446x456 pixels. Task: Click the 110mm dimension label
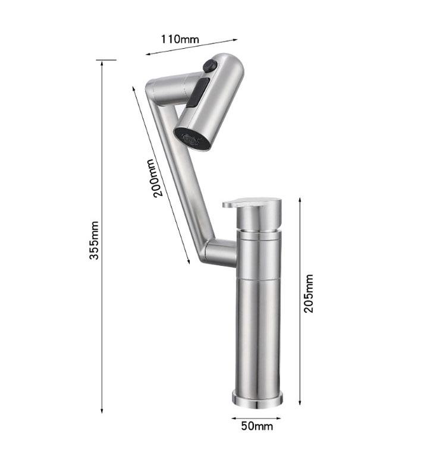pos(180,40)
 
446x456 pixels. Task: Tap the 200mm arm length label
pos(153,178)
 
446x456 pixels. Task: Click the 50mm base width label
pos(257,426)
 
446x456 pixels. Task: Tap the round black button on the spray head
pos(209,66)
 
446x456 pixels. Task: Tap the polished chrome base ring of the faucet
pos(257,398)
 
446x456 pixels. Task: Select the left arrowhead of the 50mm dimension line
pos(233,418)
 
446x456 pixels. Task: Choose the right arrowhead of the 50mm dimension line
pos(280,418)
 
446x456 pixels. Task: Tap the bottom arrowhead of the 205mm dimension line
pos(299,401)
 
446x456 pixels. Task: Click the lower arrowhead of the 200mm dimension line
pos(189,262)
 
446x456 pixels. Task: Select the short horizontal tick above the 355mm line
pos(106,59)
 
